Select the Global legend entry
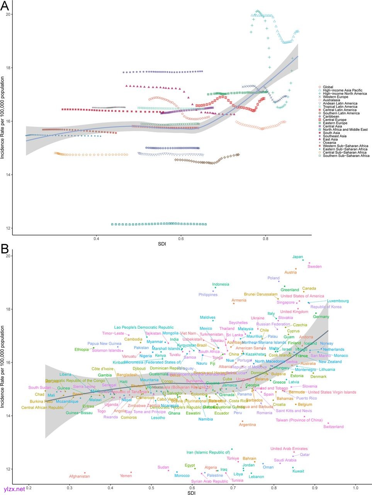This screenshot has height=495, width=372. coord(328,87)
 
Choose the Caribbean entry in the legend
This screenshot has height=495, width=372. coord(331,116)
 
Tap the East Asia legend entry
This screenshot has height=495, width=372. coord(330,139)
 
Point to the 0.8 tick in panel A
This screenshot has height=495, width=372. coord(265,239)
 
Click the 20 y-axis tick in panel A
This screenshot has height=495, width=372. coord(7,15)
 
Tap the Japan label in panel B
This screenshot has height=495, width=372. coord(297,257)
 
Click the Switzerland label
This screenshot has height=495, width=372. coord(333,427)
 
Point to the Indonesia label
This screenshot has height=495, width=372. coord(221,285)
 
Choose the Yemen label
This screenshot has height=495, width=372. coord(126,476)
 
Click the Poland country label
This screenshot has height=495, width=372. coord(273,278)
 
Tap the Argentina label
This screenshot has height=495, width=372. coord(247,425)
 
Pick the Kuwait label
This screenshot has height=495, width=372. coord(298,471)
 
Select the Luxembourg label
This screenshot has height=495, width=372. coord(338,301)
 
